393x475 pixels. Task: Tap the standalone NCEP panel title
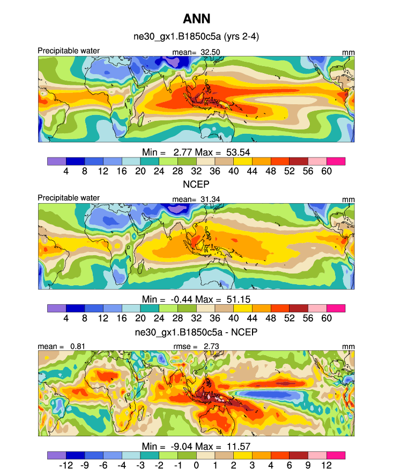[196, 184]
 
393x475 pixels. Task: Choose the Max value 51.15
[233, 298]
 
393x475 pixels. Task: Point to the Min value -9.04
[188, 446]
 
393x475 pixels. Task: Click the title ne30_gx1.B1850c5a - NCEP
[196, 332]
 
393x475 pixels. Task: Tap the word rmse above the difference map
[184, 347]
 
